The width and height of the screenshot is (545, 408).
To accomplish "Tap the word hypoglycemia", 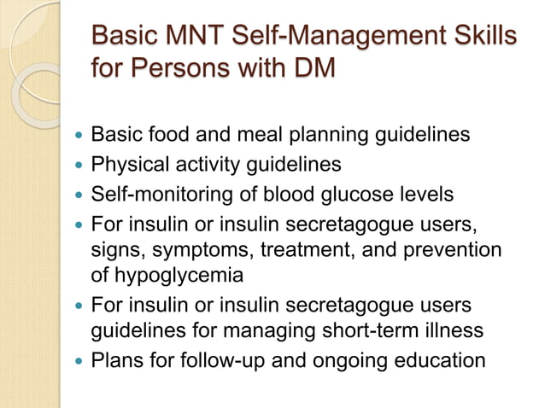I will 180,276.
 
